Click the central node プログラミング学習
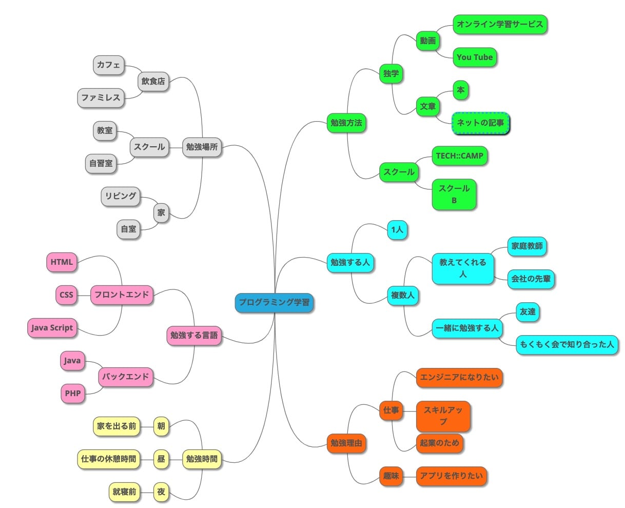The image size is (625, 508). coord(274,303)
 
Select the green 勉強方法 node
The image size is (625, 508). coord(347,123)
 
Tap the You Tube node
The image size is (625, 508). coord(475,57)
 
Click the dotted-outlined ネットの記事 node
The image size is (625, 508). coord(480,123)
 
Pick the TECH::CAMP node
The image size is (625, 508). coord(459,156)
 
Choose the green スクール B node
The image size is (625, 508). coord(454,194)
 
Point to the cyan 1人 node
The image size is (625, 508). coord(397,230)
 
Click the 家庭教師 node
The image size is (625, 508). coord(527,246)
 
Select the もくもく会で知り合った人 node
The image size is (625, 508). coord(567,344)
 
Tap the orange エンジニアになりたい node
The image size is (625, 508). coord(459,378)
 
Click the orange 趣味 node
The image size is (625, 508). coord(391,476)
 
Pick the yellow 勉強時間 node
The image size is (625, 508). coord(202,459)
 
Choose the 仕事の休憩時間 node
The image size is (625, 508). coord(109,459)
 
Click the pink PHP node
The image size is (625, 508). coord(73,394)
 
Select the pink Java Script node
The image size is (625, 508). coord(52,328)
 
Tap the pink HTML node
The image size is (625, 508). coord(62,262)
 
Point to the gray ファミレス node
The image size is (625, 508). coord(101,97)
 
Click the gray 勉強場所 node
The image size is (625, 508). coord(202,147)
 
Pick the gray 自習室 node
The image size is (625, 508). coord(101,164)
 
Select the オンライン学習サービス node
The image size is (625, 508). coord(500,25)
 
